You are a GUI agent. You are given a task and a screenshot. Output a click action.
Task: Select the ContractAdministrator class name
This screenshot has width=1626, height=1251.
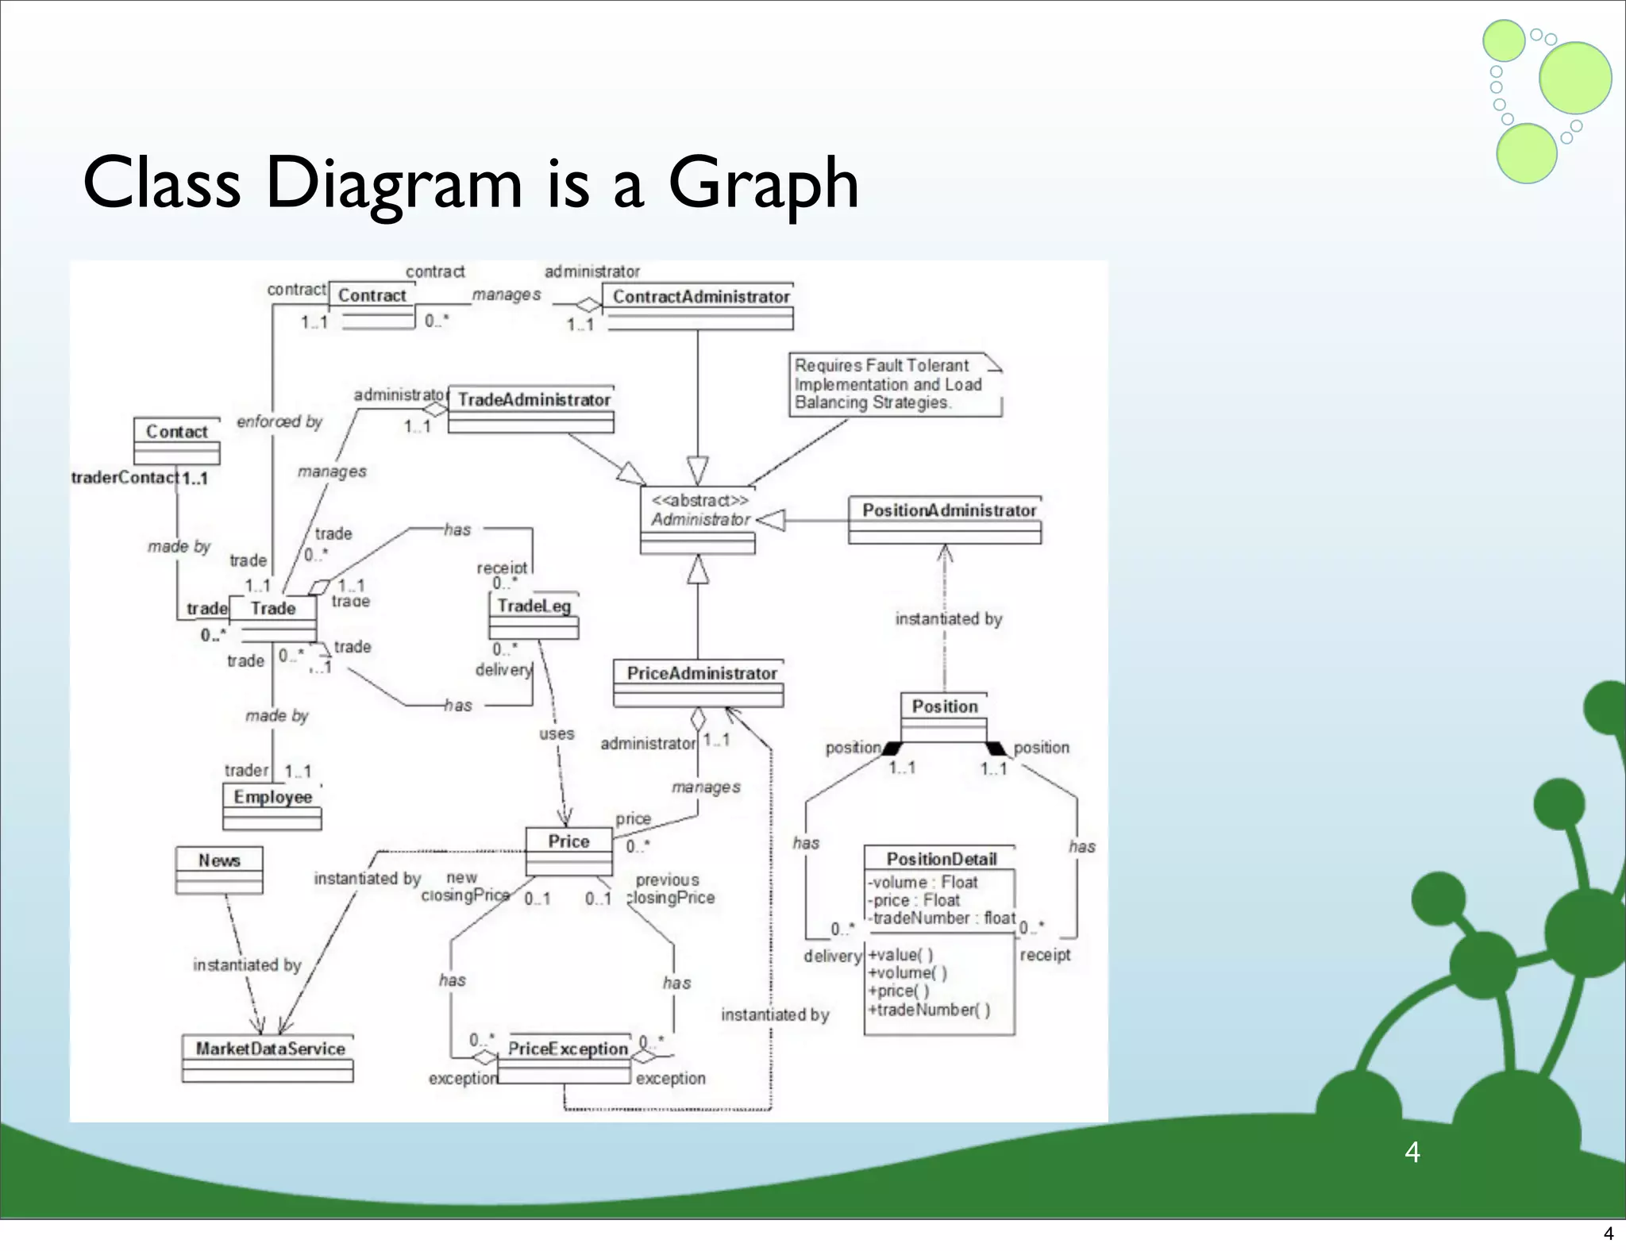point(701,297)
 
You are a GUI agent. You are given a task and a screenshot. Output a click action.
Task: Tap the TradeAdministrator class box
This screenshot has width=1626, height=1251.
point(531,409)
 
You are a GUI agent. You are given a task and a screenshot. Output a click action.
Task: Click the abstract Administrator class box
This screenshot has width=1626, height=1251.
point(698,520)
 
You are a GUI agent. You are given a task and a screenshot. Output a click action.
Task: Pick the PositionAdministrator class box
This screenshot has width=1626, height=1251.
point(945,520)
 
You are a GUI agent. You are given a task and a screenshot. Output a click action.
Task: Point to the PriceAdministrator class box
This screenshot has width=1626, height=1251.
point(699,683)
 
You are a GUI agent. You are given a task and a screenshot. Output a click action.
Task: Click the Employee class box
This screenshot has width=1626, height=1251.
point(272,806)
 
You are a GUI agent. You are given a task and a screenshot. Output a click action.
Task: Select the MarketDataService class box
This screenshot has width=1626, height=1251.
point(268,1058)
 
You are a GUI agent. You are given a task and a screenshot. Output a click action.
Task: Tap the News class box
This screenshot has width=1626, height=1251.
point(219,870)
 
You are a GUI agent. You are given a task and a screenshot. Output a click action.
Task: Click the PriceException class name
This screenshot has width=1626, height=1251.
point(567,1049)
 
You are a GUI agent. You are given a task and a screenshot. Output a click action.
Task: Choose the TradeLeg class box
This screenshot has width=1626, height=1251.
point(534,615)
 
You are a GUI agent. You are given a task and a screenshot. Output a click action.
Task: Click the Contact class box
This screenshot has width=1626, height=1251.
point(177,441)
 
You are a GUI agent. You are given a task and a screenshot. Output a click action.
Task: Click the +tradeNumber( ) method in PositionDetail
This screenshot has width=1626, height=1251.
point(929,1010)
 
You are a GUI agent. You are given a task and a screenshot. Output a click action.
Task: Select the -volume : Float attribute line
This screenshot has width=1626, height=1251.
point(923,882)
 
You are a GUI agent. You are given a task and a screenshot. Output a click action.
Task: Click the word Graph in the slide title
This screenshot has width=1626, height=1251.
point(764,184)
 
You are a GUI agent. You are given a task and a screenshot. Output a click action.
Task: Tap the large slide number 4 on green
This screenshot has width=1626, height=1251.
point(1412,1152)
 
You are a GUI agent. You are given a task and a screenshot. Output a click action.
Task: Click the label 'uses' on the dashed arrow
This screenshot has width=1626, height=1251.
point(557,734)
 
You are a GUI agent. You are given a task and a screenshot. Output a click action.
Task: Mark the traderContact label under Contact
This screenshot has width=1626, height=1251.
point(125,478)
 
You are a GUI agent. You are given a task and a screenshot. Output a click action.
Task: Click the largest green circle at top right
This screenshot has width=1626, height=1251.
point(1574,78)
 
